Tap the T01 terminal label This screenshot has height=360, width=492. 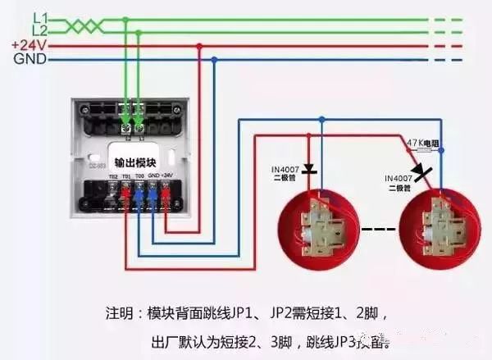(126, 176)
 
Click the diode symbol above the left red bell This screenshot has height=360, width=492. (309, 171)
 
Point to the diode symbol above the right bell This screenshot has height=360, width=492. (421, 173)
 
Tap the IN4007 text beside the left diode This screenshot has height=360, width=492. (287, 171)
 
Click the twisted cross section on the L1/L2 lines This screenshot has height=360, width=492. (79, 25)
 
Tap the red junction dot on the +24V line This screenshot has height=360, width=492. (199, 46)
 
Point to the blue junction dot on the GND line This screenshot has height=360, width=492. (215, 60)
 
